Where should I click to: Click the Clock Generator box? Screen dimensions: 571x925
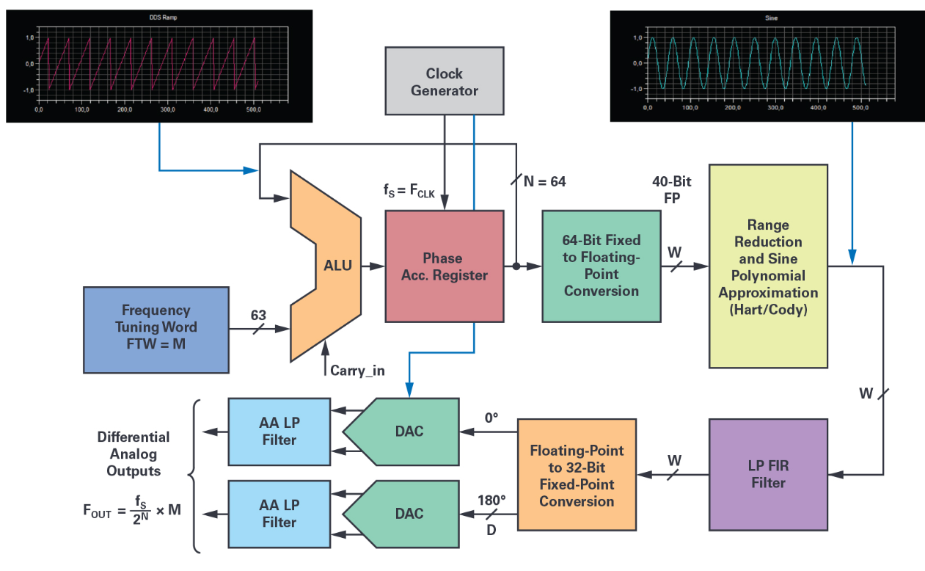pyautogui.click(x=444, y=82)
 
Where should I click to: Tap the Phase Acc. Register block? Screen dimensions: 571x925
pyautogui.click(x=444, y=266)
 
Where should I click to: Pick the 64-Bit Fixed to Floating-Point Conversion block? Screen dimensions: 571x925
pyautogui.click(x=602, y=266)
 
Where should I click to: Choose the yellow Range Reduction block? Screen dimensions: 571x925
pyautogui.click(x=767, y=266)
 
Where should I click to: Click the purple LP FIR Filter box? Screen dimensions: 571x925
pyautogui.click(x=767, y=474)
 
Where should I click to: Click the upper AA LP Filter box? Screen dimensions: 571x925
pyautogui.click(x=279, y=431)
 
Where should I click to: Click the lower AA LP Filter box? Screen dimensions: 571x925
pyautogui.click(x=279, y=513)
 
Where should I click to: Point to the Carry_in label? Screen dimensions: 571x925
pyautogui.click(x=357, y=370)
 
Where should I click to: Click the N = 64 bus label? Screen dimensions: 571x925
pyautogui.click(x=543, y=181)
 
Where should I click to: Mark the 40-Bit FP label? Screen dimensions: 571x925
pyautogui.click(x=671, y=189)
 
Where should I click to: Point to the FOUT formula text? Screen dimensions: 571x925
pyautogui.click(x=132, y=509)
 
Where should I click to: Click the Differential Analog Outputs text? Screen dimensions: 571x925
pyautogui.click(x=133, y=454)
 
